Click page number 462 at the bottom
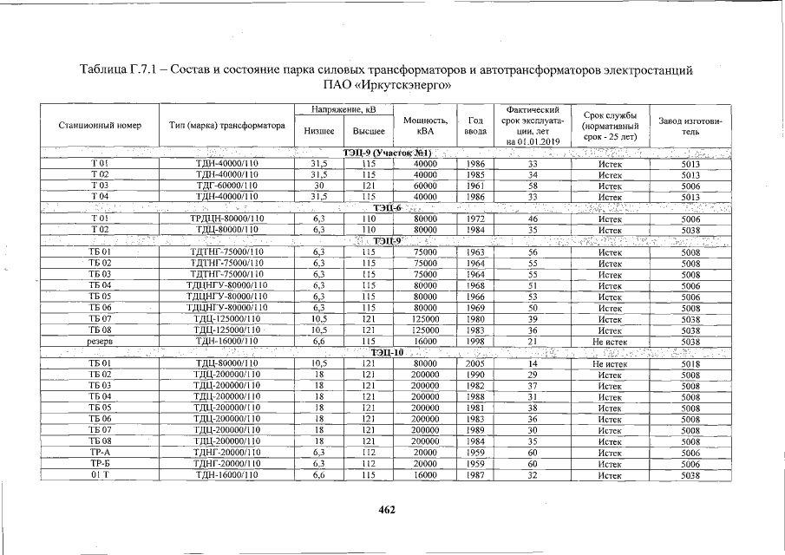(x=387, y=510)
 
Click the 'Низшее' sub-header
(x=319, y=132)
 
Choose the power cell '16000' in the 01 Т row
(x=425, y=475)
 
